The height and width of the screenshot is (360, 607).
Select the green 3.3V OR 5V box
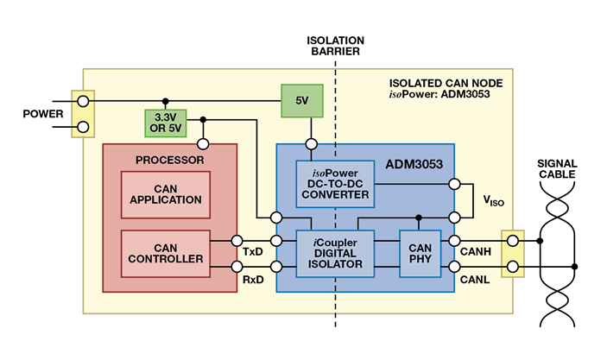pyautogui.click(x=166, y=123)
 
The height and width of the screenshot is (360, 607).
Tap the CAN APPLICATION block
pyautogui.click(x=165, y=194)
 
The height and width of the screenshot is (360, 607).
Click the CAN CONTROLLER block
pyautogui.click(x=165, y=253)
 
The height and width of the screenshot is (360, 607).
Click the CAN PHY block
pyautogui.click(x=420, y=253)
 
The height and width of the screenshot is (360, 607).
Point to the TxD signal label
pyautogui.click(x=253, y=251)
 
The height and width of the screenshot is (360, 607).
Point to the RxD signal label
pyautogui.click(x=253, y=280)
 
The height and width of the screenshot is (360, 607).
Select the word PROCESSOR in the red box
pyautogui.click(x=169, y=160)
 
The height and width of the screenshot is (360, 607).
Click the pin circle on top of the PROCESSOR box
pyautogui.click(x=202, y=144)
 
